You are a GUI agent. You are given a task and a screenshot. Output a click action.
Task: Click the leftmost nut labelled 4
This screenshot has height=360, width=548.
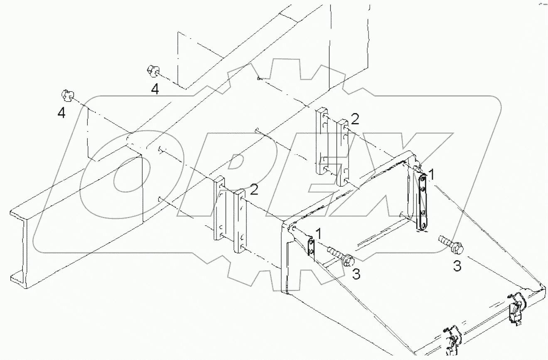click(67, 95)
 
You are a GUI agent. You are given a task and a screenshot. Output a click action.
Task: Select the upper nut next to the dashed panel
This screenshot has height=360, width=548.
click(152, 72)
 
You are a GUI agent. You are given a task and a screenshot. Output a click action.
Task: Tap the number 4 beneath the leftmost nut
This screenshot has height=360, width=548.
click(61, 113)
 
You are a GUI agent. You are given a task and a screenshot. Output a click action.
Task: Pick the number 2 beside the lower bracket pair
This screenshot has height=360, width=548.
click(253, 190)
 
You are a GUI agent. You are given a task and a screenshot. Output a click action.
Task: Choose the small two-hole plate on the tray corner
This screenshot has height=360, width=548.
click(311, 246)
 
